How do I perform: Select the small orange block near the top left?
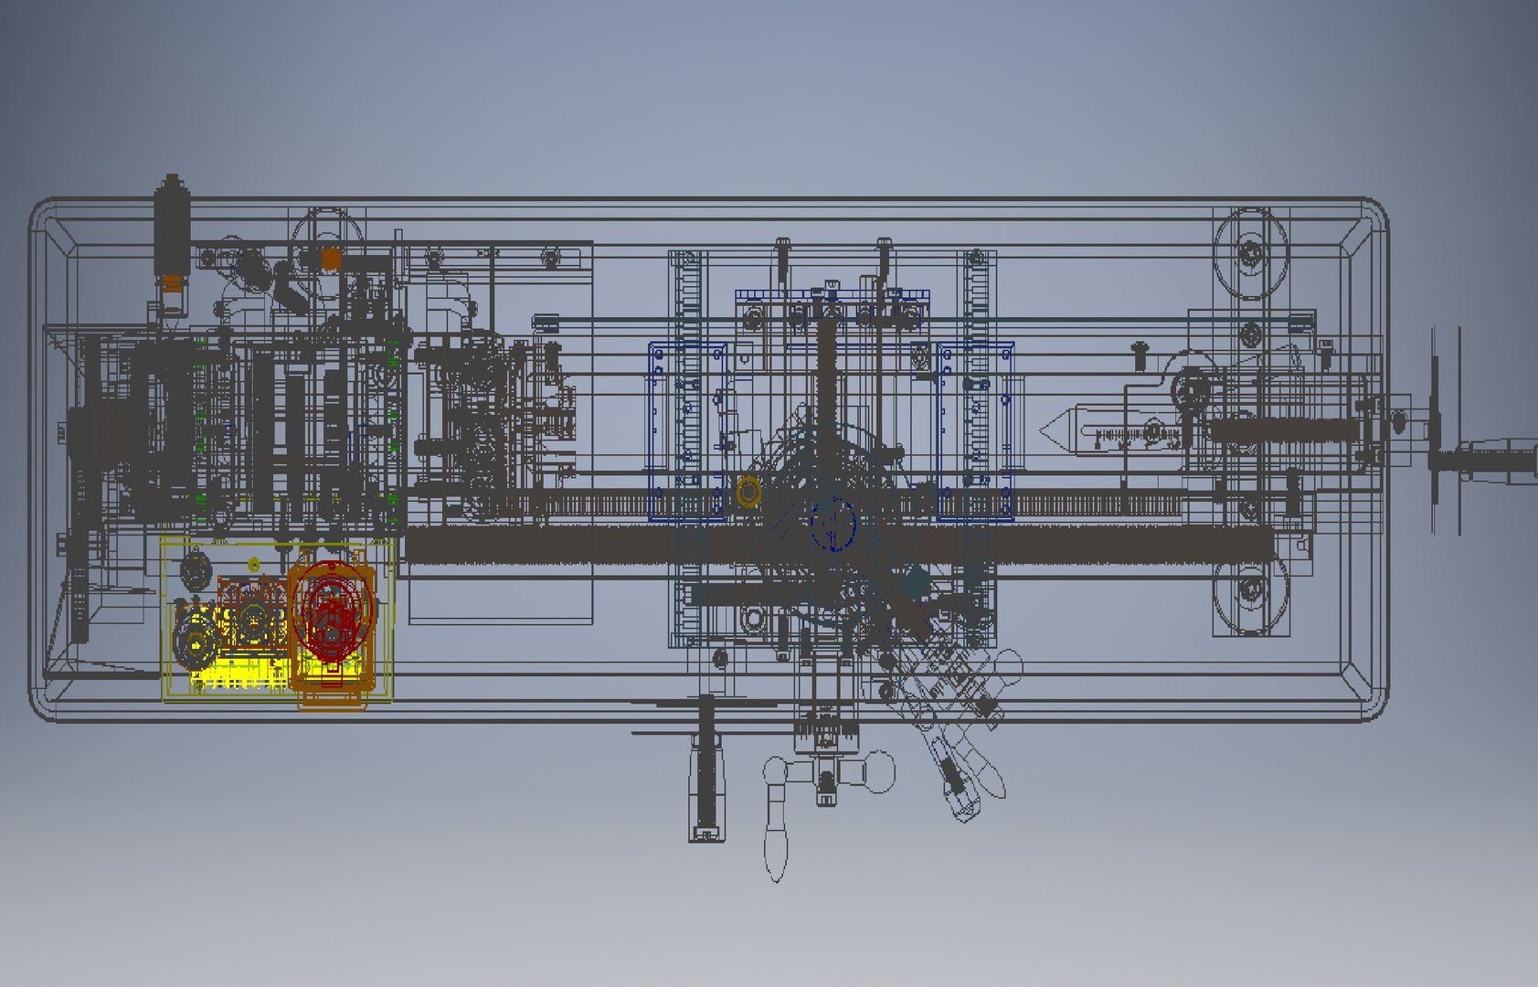click(331, 259)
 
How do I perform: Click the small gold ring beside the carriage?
click(748, 491)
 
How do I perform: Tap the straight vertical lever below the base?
click(705, 768)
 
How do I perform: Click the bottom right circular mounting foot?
click(1250, 594)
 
